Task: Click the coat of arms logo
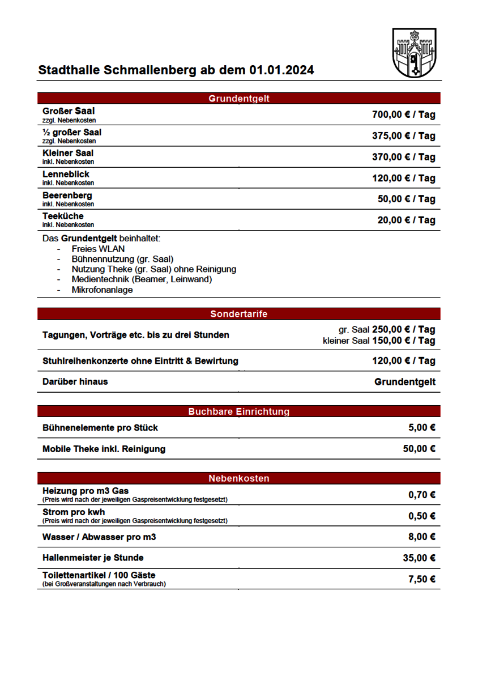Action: (x=414, y=53)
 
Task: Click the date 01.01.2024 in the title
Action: (x=281, y=71)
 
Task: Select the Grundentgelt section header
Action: (x=239, y=99)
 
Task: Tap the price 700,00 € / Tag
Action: (x=403, y=115)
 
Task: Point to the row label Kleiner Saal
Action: (x=68, y=153)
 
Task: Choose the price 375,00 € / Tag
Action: (x=403, y=136)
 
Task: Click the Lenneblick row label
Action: (x=66, y=175)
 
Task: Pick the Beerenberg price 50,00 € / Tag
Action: (x=406, y=199)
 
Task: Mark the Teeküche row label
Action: (x=63, y=216)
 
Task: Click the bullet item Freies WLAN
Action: (x=98, y=249)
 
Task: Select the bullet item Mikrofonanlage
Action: (x=102, y=290)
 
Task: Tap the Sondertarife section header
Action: (x=239, y=314)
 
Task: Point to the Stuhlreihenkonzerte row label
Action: (x=140, y=361)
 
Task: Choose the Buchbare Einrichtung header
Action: (x=239, y=411)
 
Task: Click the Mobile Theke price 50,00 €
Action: (x=419, y=449)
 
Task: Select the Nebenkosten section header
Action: (x=239, y=479)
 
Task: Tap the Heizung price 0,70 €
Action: (x=421, y=495)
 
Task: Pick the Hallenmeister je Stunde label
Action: (x=93, y=558)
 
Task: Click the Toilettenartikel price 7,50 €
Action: (x=421, y=579)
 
